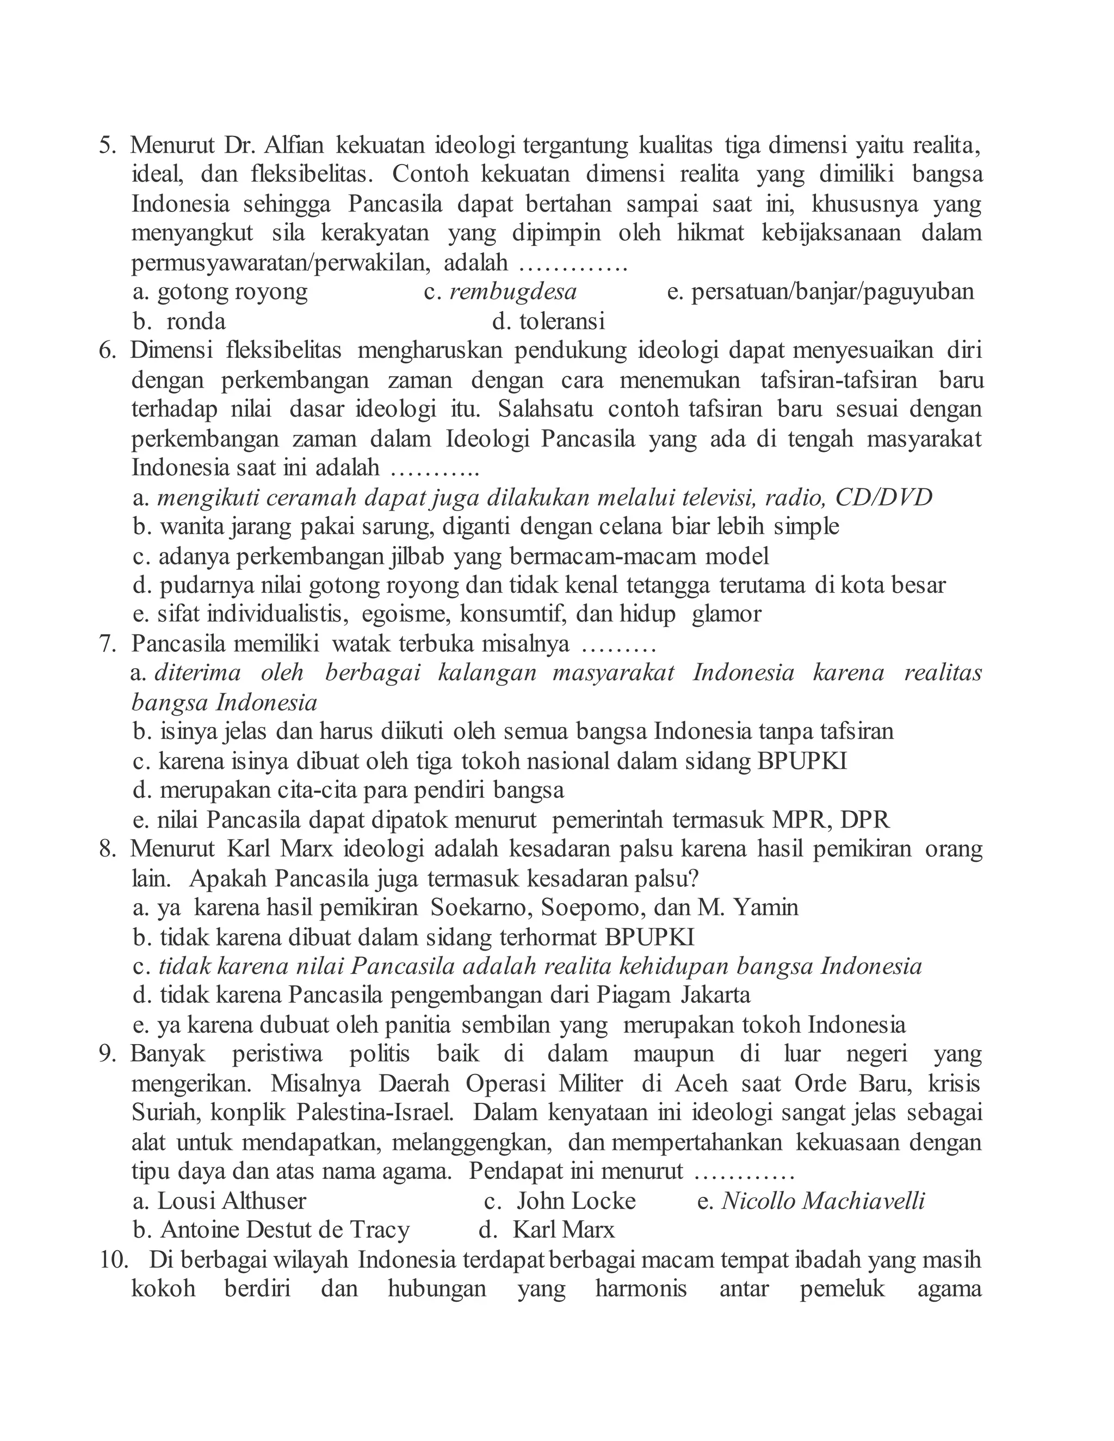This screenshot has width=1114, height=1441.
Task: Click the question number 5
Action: click(107, 145)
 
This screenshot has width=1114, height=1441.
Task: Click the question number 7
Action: click(107, 643)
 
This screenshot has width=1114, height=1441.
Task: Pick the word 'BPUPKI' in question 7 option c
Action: click(802, 761)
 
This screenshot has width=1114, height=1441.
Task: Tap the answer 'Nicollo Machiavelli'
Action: click(823, 1201)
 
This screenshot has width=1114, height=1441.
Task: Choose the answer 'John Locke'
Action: click(575, 1201)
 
